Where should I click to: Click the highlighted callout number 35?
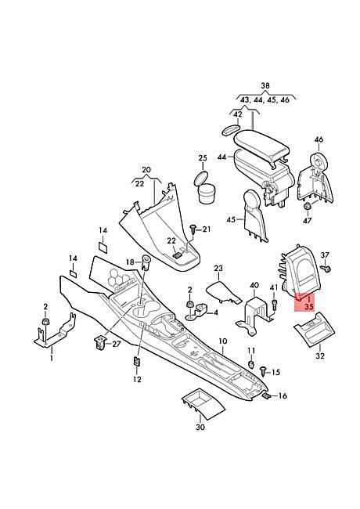pyautogui.click(x=309, y=306)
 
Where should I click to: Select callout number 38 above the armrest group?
pyautogui.click(x=265, y=85)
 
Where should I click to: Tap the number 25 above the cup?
pyautogui.click(x=203, y=158)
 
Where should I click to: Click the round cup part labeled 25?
pyautogui.click(x=205, y=187)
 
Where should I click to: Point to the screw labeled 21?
pyautogui.click(x=193, y=229)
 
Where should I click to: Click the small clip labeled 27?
pyautogui.click(x=100, y=343)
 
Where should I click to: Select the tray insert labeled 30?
pyautogui.click(x=203, y=405)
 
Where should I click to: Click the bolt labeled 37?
pyautogui.click(x=326, y=268)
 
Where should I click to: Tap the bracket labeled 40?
pyautogui.click(x=255, y=314)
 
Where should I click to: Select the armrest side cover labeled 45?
pyautogui.click(x=255, y=215)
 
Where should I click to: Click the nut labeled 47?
pyautogui.click(x=307, y=206)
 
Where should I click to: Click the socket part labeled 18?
pyautogui.click(x=146, y=262)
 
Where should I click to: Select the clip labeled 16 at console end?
pyautogui.click(x=266, y=395)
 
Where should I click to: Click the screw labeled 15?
pyautogui.click(x=264, y=371)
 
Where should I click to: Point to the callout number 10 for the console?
pyautogui.click(x=223, y=341)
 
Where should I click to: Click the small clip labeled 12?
pyautogui.click(x=137, y=361)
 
